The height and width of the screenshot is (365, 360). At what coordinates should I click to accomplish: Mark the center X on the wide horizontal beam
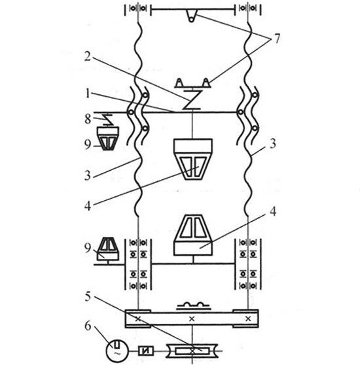(x=191, y=319)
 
